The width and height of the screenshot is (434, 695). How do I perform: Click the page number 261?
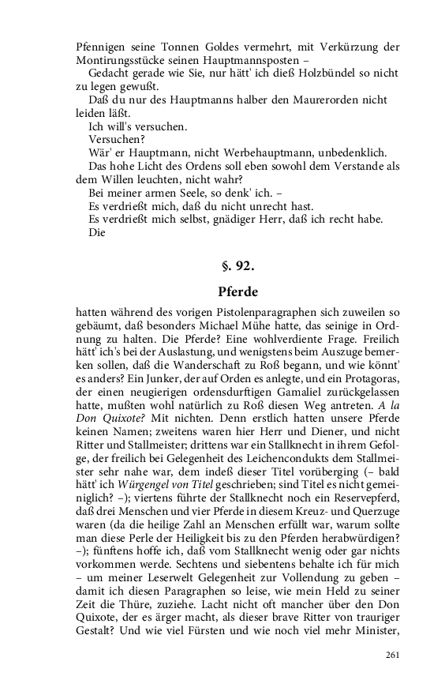393,655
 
